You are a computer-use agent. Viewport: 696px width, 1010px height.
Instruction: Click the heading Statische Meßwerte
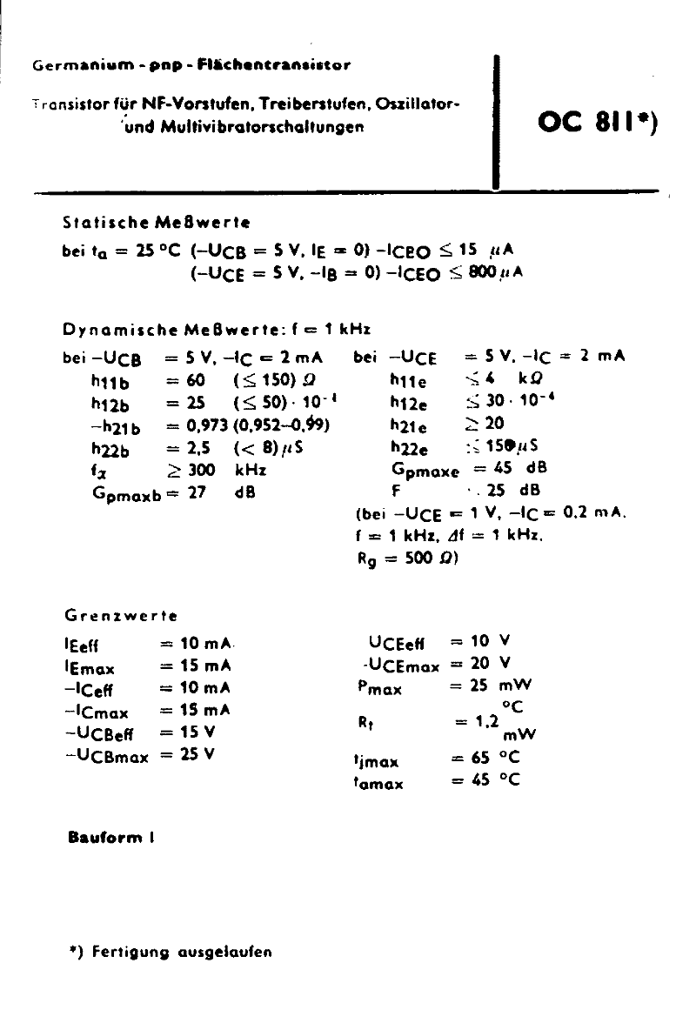click(x=157, y=223)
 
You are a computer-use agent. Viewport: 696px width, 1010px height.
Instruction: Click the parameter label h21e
click(x=408, y=425)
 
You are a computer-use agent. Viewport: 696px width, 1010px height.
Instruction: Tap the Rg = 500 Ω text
click(x=407, y=559)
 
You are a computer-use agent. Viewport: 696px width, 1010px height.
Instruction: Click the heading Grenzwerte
click(x=121, y=616)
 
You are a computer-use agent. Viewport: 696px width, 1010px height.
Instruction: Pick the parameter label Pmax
click(x=379, y=688)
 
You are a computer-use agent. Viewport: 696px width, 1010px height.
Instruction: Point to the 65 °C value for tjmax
click(x=496, y=758)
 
